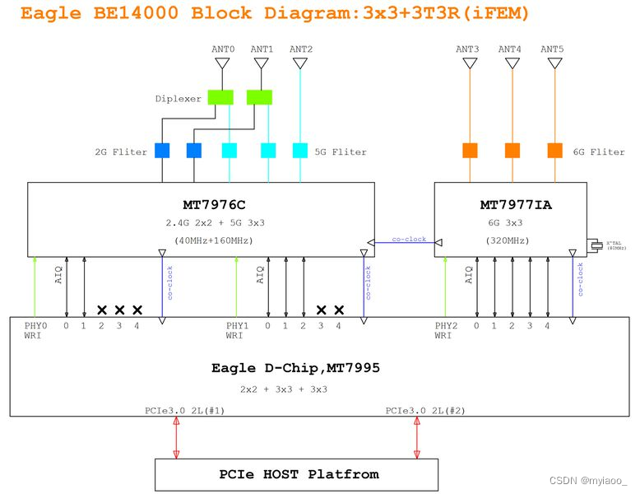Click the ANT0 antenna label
pos(223,49)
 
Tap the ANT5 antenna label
pos(552,49)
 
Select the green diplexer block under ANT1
pos(259,97)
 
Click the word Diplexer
pos(178,99)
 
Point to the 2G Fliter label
pos(120,151)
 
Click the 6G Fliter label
pos(598,151)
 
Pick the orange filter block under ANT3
pos(470,151)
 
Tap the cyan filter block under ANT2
pos(300,151)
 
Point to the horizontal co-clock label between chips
pos(409,240)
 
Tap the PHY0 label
pos(35,326)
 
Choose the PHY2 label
pos(447,326)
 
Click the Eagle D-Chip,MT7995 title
pos(295,369)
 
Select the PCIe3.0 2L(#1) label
pos(185,410)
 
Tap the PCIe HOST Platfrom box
pos(299,474)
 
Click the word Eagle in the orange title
pos(50,13)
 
